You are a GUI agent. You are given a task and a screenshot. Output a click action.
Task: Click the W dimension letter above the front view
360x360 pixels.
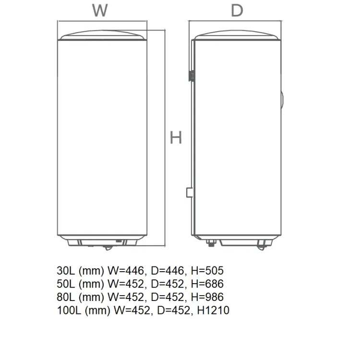[x=100, y=11]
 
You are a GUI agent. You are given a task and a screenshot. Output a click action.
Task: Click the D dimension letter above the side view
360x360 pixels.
[x=237, y=11]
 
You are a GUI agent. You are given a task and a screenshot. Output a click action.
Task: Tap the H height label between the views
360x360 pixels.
[x=176, y=137]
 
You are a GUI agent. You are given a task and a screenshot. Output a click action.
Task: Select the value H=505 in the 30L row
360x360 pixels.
[x=207, y=270]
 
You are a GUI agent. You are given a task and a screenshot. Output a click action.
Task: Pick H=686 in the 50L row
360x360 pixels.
[x=207, y=284]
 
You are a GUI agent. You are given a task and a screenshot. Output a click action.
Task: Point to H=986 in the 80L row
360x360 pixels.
[x=207, y=297]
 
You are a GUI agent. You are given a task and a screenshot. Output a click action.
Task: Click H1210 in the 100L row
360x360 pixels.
[x=213, y=310]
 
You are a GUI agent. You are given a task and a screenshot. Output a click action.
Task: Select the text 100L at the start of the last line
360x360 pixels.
[x=69, y=310]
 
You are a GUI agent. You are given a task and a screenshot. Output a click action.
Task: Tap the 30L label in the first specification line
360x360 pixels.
[x=66, y=270]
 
